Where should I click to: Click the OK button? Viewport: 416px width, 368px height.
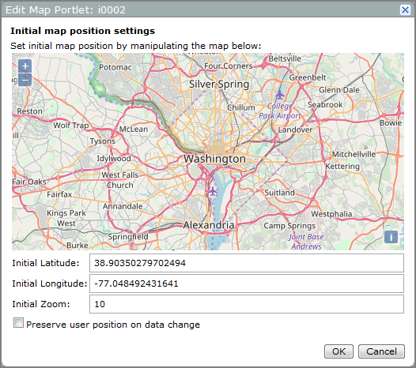338,351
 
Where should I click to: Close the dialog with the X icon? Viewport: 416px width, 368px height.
405,9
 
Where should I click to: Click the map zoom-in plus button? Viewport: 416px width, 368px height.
25,66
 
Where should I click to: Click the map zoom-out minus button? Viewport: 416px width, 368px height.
25,79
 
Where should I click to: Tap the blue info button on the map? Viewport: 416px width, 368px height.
390,237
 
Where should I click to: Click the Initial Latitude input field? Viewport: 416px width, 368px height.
246,263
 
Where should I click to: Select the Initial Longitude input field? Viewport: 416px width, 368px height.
246,284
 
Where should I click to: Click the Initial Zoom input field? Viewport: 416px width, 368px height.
246,304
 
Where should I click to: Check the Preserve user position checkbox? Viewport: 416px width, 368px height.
18,324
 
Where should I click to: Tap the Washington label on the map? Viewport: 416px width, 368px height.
214,159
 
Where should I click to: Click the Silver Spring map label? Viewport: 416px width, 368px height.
219,84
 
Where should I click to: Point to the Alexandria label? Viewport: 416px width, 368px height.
209,225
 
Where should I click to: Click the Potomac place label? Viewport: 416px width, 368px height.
115,68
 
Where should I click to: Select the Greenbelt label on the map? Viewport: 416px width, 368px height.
308,77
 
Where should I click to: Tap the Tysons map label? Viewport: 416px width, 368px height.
102,141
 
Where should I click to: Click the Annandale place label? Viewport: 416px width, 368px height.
123,206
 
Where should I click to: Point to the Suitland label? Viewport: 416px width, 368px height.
279,192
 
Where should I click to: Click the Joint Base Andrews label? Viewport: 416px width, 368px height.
305,241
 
